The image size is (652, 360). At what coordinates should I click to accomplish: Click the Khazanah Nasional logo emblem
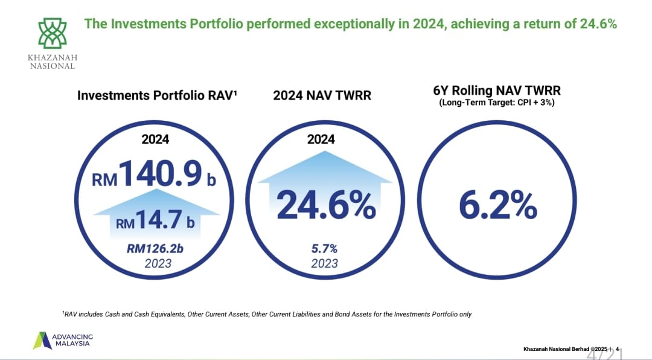[53, 33]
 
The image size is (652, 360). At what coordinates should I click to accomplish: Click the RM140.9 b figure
[154, 173]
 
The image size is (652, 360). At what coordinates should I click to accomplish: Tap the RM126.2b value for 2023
[155, 248]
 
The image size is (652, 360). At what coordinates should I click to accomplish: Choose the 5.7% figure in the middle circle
[324, 248]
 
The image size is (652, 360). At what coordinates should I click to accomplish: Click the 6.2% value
[497, 205]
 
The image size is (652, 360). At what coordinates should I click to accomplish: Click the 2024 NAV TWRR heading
[322, 95]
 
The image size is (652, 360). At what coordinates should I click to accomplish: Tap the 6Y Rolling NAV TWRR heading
[497, 91]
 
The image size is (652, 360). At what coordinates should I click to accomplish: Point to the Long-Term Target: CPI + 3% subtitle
[497, 102]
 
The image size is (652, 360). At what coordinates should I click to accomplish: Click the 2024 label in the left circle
[156, 139]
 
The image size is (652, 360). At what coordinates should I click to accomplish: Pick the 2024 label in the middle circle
[321, 139]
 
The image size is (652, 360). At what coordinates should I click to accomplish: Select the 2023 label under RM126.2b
[158, 263]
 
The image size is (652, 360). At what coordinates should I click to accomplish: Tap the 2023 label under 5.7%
[324, 263]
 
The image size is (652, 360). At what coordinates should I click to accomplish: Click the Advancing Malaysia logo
[63, 341]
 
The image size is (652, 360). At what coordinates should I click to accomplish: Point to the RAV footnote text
[267, 314]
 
